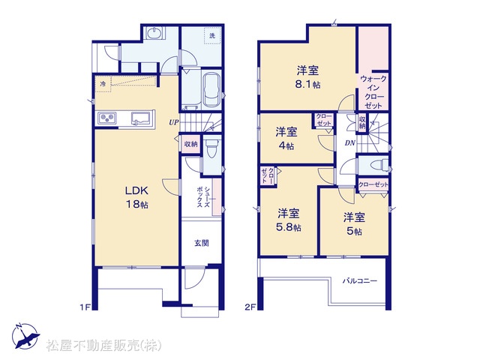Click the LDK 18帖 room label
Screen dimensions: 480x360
point(136,197)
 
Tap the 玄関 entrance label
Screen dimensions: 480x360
point(202,243)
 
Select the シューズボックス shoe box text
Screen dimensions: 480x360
point(203,196)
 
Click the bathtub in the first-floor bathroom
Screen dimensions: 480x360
point(211,90)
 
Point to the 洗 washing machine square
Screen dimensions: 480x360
point(212,35)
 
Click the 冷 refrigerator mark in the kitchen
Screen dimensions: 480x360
point(103,83)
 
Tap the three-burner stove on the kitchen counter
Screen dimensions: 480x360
point(107,118)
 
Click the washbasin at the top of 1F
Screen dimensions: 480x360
point(155,33)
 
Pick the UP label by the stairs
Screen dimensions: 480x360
point(173,122)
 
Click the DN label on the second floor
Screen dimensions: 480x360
point(350,142)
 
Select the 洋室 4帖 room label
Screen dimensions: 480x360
point(286,139)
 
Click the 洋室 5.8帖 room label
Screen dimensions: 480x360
point(288,220)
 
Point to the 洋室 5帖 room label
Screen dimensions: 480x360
point(354,224)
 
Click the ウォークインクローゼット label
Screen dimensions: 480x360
point(373,91)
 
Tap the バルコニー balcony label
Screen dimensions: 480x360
point(360,280)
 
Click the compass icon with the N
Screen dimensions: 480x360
point(25,336)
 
